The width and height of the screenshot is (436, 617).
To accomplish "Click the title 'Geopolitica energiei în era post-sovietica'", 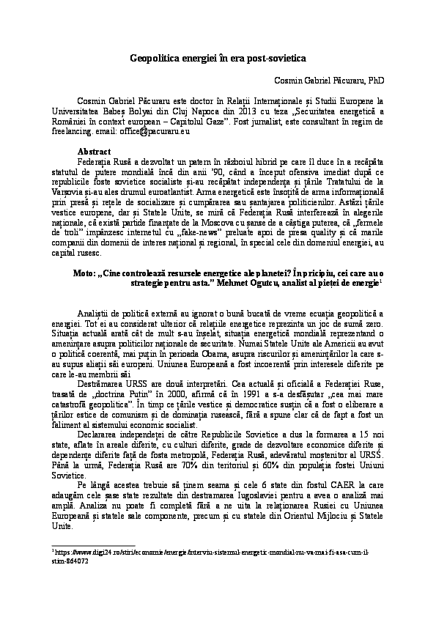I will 218,56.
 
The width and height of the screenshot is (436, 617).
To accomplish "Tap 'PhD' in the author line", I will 376,80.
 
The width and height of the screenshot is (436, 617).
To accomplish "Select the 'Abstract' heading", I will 94,150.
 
